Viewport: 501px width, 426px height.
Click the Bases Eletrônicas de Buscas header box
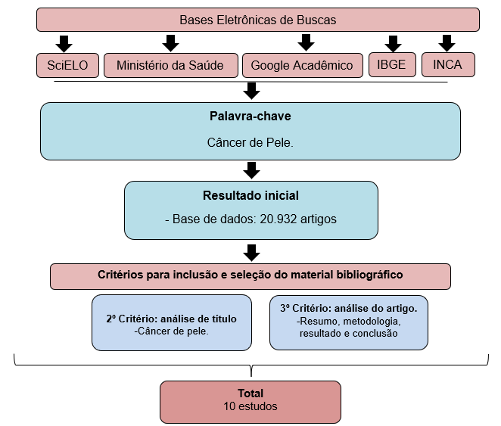(x=257, y=20)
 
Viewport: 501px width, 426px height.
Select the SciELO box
(x=67, y=65)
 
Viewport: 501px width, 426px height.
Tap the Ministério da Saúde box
(x=170, y=65)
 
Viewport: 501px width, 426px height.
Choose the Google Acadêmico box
(x=301, y=65)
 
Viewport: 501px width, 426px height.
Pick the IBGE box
(x=391, y=64)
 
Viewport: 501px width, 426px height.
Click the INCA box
(x=447, y=64)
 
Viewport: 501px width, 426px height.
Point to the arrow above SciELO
(x=64, y=42)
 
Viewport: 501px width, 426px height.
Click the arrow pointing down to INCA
(x=447, y=42)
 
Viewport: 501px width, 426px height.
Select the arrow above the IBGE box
(x=392, y=42)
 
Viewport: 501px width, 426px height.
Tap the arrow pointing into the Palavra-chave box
(x=252, y=91)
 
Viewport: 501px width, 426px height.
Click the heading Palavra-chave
(x=250, y=117)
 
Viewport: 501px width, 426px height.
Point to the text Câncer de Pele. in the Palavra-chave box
(x=250, y=142)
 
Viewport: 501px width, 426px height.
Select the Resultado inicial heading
(x=250, y=195)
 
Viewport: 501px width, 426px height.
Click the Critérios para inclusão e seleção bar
(x=250, y=275)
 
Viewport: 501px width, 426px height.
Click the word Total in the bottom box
(x=250, y=393)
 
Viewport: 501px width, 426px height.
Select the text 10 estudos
(x=250, y=407)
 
